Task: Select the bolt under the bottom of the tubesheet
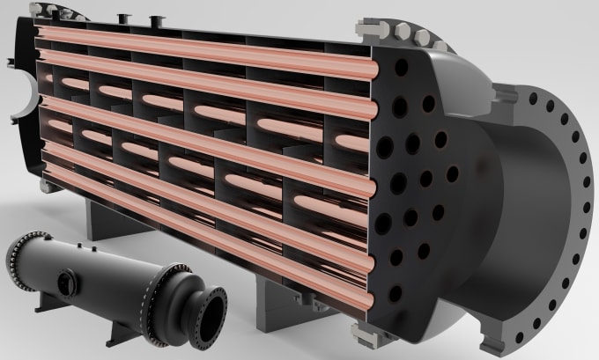[362, 332]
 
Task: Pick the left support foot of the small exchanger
[44, 304]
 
